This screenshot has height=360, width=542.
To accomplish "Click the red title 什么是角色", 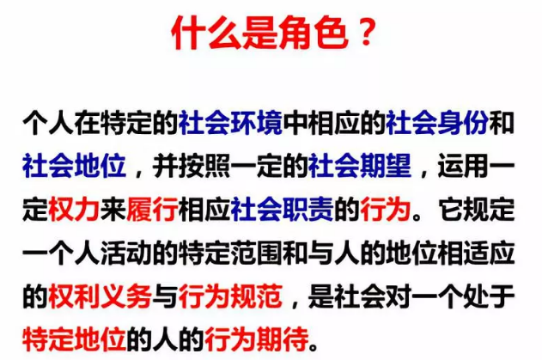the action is point(260,33).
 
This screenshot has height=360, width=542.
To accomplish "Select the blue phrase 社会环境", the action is point(230,122).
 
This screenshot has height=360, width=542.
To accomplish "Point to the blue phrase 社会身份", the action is point(437,122).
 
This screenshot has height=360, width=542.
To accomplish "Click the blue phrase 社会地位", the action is point(75,166).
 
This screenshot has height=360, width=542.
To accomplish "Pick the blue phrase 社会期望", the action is point(360,166).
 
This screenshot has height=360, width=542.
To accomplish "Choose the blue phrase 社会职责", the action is point(282,210).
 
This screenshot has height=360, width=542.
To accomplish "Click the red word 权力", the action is point(75,210).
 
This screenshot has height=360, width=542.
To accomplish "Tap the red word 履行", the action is point(152,210).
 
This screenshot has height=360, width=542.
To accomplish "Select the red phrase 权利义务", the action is point(100,296).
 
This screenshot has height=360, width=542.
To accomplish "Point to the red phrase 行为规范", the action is point(230,296).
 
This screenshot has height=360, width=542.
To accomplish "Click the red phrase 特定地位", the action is point(75,339).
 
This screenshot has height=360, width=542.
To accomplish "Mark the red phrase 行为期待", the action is point(257,339).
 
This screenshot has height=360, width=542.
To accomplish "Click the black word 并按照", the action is point(192,166).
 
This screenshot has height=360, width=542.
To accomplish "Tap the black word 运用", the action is point(463,166).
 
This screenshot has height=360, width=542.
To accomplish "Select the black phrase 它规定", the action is point(477,210).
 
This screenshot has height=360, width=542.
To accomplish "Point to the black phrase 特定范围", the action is point(230,253).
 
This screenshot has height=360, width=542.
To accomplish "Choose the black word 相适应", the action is point(477,253).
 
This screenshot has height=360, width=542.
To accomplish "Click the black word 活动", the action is point(126,253).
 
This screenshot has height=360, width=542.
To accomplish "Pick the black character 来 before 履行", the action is point(113,210).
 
